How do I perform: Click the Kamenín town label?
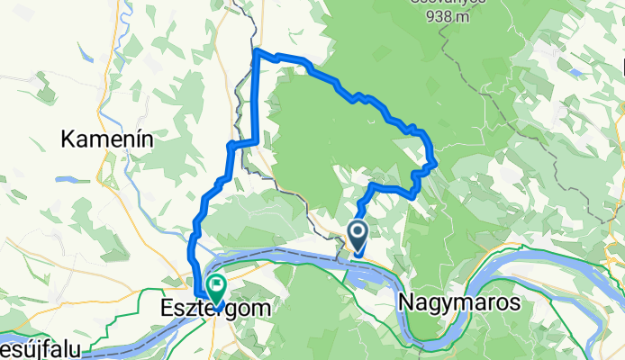106,139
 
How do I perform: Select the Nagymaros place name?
457,303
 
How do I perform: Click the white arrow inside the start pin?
358,235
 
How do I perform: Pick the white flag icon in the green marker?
216,286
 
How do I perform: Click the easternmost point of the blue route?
436,163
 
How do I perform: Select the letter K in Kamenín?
68,139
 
